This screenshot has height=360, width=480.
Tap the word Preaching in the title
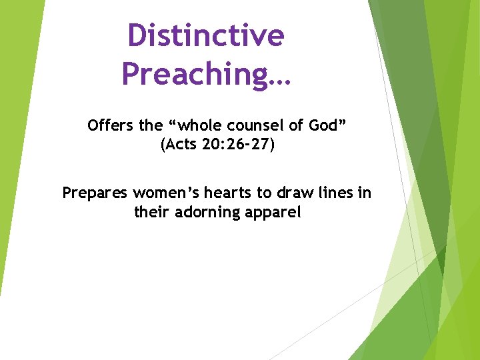[x=193, y=73]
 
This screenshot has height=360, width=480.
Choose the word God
[x=323, y=125]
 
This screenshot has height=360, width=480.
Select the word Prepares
[x=95, y=193]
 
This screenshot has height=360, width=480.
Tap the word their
[x=151, y=213]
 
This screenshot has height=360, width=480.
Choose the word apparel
[x=273, y=213]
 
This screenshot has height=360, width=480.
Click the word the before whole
[x=151, y=125]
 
